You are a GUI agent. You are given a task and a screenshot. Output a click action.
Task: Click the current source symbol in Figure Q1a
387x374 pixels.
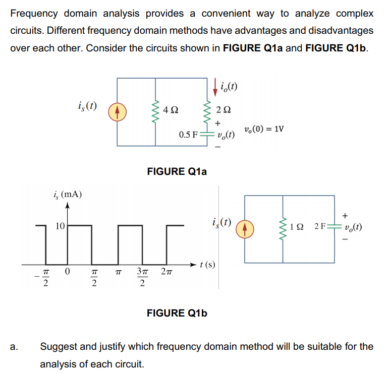coord(117,112)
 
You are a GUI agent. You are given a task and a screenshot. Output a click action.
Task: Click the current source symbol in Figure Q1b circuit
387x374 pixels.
coord(245,229)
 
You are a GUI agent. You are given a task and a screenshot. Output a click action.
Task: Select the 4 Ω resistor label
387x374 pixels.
coord(171,110)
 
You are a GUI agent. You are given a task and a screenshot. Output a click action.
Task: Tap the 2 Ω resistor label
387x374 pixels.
coord(224,110)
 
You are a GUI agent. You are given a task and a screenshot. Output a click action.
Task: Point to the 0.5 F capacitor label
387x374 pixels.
coord(188,135)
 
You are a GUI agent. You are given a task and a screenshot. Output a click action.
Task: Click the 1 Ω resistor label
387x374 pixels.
coord(296,227)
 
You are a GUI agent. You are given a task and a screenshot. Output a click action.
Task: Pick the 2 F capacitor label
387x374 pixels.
coord(320,226)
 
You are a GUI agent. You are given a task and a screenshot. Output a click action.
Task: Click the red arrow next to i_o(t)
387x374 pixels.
coord(215,87)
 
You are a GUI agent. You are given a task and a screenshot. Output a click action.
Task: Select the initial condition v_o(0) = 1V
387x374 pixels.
coord(264,129)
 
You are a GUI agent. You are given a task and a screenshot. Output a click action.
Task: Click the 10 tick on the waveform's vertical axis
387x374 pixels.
coord(60,226)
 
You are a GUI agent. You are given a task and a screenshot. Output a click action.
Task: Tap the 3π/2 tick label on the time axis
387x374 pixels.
coord(142,277)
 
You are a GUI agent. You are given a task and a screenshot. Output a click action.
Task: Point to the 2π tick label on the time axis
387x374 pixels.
coord(167,272)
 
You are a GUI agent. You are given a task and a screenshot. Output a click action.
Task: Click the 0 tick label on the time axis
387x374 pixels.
coord(67,272)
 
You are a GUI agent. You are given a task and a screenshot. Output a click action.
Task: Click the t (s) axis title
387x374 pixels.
coord(207,265)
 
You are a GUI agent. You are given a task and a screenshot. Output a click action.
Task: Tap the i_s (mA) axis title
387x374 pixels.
coord(68,195)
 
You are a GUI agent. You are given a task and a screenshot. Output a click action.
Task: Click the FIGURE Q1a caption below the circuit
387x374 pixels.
coord(177,171)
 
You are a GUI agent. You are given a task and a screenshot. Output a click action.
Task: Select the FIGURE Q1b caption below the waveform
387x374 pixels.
coord(177,313)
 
